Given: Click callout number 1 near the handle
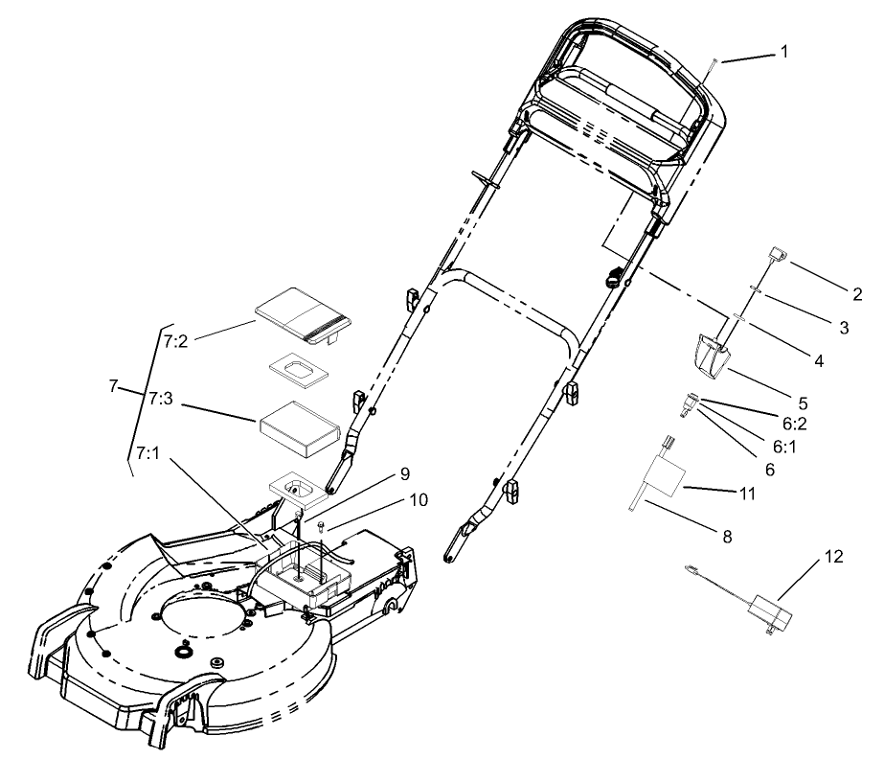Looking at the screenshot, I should pyautogui.click(x=784, y=52).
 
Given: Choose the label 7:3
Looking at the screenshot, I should pyautogui.click(x=160, y=396).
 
